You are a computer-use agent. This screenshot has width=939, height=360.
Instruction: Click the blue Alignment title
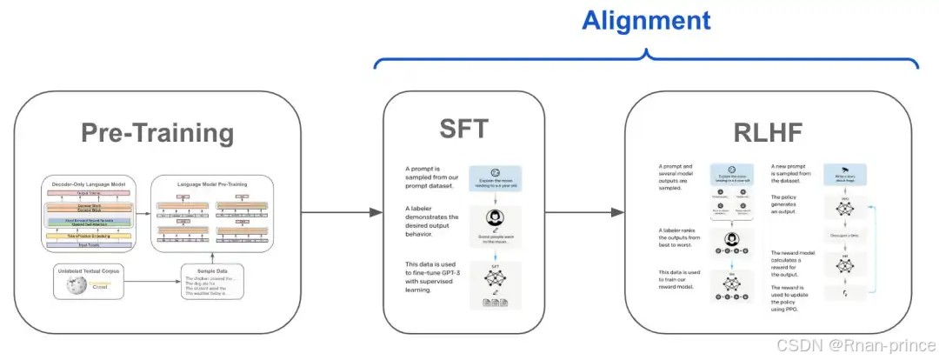[645, 20]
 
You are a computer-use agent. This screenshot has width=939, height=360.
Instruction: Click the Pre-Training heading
[157, 133]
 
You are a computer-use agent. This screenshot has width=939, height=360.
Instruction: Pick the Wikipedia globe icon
[71, 284]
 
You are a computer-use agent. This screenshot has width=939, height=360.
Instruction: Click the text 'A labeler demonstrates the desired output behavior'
[428, 222]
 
